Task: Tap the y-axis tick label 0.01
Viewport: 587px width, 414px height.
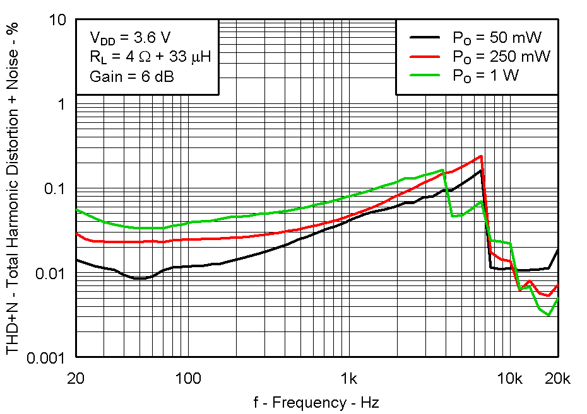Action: [x=50, y=273]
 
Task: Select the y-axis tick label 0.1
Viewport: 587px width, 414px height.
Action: [x=54, y=189]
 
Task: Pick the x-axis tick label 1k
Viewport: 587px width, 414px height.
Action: [x=348, y=379]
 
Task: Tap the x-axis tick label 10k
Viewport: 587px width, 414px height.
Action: [x=509, y=379]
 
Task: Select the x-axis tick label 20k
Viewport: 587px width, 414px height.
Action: [x=558, y=379]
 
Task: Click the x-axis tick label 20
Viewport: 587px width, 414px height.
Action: [x=76, y=379]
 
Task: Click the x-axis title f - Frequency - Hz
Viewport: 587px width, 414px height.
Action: [x=317, y=402]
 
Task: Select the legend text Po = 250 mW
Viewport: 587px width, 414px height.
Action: [x=501, y=57]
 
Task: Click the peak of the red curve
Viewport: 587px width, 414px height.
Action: [x=482, y=156]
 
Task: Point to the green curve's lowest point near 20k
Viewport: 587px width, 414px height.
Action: [x=549, y=315]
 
